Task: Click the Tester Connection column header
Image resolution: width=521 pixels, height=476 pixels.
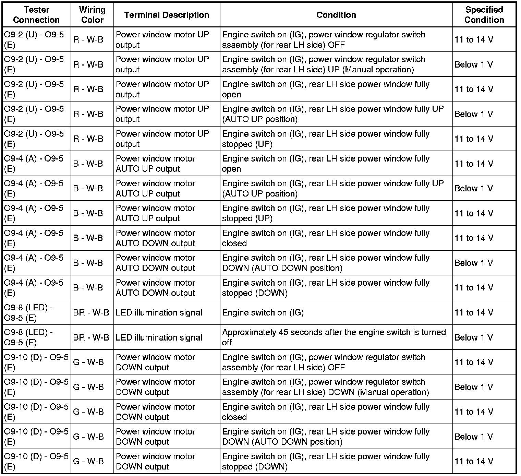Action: (x=36, y=15)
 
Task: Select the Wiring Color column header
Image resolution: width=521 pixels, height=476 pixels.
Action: (x=92, y=15)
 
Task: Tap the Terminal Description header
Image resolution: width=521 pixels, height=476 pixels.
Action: (x=167, y=15)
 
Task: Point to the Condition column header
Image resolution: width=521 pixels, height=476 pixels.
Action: (x=336, y=15)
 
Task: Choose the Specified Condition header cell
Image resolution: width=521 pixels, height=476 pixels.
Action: (x=484, y=15)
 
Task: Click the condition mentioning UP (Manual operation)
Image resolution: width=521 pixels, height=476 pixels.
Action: (x=318, y=64)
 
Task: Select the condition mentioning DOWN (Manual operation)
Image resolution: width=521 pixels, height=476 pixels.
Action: (x=325, y=387)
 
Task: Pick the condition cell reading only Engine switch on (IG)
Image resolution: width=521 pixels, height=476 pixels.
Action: (x=263, y=313)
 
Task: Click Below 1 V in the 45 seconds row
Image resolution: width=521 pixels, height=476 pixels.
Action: (x=473, y=337)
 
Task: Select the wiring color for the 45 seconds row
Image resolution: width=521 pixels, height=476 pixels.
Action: (x=91, y=337)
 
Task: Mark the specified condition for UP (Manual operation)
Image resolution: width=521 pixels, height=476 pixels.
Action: (x=473, y=64)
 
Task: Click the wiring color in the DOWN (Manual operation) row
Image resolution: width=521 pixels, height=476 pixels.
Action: (x=88, y=387)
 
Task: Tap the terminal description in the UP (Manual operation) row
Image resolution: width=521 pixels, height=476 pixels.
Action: (x=162, y=64)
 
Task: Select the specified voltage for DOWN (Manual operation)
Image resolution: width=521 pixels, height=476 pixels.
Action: (x=473, y=387)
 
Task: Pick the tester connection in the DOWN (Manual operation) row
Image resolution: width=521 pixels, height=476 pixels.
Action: (x=36, y=387)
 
